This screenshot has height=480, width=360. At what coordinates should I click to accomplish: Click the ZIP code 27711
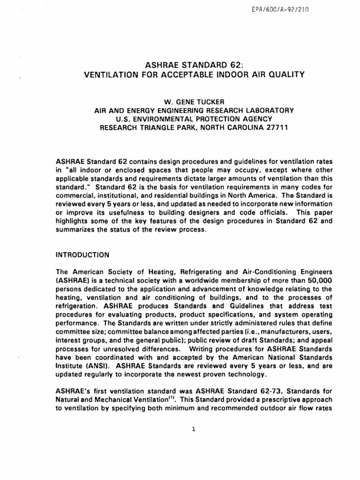[277, 127]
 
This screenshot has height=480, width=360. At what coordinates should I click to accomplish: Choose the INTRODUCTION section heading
[82, 255]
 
